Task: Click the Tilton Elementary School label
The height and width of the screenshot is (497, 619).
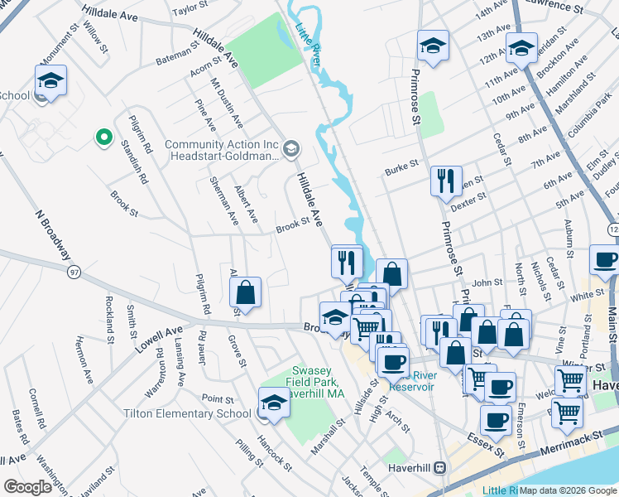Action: click(x=187, y=413)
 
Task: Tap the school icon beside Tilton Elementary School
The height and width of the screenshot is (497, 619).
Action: click(x=273, y=403)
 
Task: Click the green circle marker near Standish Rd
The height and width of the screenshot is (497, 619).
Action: click(x=103, y=138)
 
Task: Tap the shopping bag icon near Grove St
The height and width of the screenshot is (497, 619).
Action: click(x=246, y=292)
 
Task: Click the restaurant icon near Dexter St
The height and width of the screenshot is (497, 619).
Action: click(x=446, y=181)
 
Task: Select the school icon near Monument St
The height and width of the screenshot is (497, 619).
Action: click(x=50, y=81)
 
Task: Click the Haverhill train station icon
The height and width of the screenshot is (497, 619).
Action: click(x=440, y=467)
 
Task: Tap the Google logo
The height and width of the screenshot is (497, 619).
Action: click(x=28, y=487)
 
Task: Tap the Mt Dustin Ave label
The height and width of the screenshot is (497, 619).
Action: click(x=226, y=104)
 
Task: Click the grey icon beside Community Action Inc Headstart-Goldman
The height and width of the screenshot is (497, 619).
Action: click(x=290, y=150)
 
